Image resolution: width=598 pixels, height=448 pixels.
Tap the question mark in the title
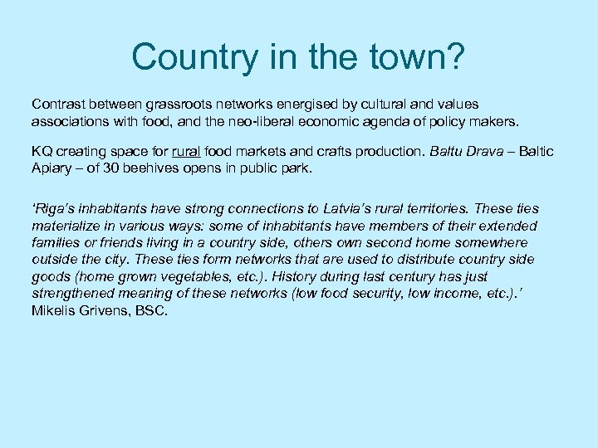click(456, 56)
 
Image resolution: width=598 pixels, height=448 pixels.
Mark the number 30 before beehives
click(116, 168)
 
